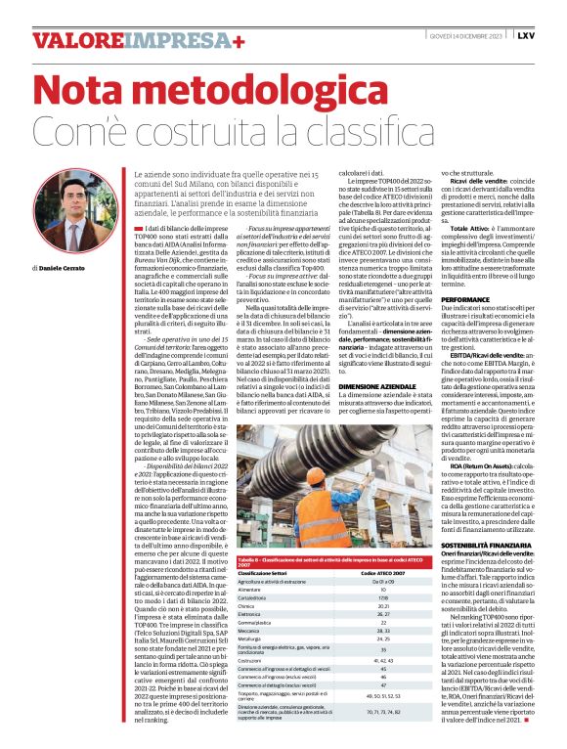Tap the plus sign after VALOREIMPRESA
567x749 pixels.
[x=239, y=40]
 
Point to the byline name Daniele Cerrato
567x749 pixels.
[x=64, y=267]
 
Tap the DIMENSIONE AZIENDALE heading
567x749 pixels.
[x=365, y=387]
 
